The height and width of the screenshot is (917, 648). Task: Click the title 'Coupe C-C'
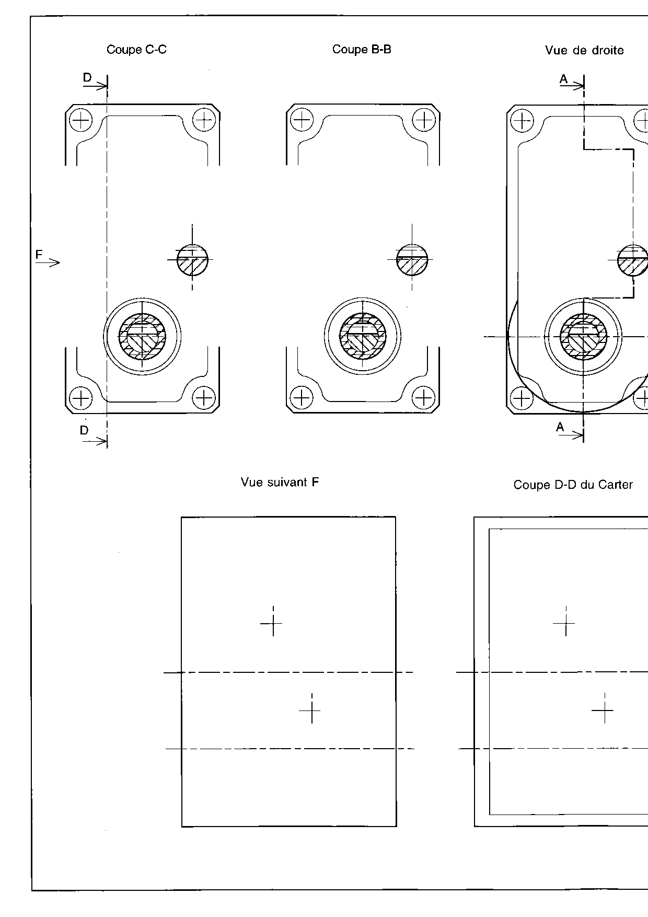(136, 50)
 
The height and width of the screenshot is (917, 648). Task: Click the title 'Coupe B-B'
(362, 49)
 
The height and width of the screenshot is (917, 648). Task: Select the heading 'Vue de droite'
(584, 50)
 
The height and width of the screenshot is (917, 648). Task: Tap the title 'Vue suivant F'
(280, 482)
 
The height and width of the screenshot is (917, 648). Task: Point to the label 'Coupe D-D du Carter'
(573, 485)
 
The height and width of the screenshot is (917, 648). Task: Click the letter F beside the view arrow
(39, 255)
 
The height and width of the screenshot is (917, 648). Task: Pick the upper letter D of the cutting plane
(87, 77)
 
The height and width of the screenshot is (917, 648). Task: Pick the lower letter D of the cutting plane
(84, 430)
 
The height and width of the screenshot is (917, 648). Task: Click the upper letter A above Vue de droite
(563, 79)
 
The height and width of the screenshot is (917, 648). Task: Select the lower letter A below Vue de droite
(560, 427)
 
